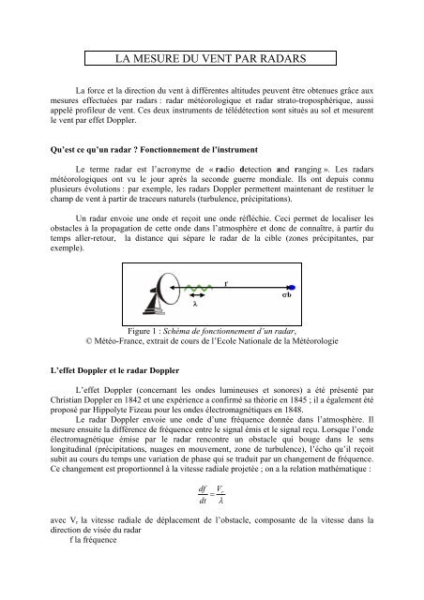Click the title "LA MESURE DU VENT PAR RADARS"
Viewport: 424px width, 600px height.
pyautogui.click(x=211, y=57)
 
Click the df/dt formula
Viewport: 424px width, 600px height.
pyautogui.click(x=212, y=519)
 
